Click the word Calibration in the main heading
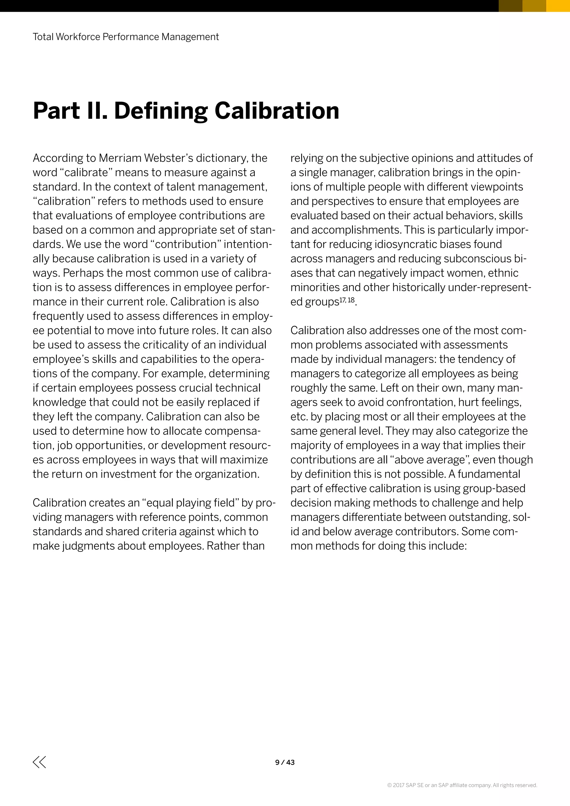pos(277,111)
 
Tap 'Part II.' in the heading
pos(70,111)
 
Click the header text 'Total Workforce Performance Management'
pos(126,37)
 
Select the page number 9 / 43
pos(285,762)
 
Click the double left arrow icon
pos(39,762)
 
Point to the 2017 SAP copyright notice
pos(462,785)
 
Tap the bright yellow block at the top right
pos(558,6)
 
